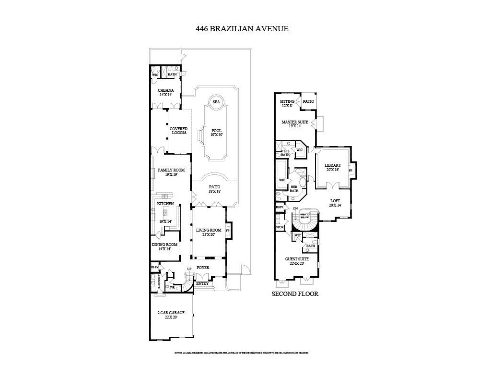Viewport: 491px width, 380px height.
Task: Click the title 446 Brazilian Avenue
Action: point(242,28)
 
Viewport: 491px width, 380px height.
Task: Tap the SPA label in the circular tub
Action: point(216,102)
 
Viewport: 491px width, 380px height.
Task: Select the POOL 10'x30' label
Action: point(217,132)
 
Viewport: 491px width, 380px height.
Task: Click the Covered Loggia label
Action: point(178,131)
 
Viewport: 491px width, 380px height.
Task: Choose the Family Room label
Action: point(171,172)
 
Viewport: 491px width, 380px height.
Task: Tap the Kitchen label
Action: point(165,204)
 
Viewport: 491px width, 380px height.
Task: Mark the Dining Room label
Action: point(164,246)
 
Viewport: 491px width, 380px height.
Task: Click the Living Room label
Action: point(208,233)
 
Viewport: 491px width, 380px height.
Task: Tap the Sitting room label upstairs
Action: point(287,103)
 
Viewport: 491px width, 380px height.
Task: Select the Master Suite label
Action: point(295,124)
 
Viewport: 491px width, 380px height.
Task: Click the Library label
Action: point(332,167)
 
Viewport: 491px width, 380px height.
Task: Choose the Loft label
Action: point(336,203)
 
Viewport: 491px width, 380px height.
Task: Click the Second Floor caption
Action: point(295,294)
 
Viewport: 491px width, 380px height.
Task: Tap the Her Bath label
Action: point(294,189)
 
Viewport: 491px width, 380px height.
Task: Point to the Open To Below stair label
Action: point(305,216)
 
